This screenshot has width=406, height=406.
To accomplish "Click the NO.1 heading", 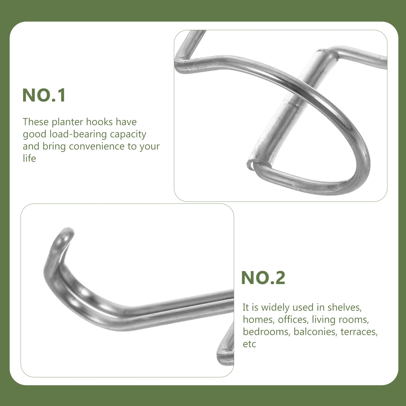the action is (x=44, y=95).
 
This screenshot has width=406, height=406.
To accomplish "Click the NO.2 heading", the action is (x=263, y=278).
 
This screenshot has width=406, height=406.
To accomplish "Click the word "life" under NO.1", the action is (x=29, y=158).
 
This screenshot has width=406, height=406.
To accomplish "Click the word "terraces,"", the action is (x=359, y=332).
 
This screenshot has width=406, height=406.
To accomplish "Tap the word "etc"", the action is (x=249, y=344).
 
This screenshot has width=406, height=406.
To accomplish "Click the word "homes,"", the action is (x=259, y=319).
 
